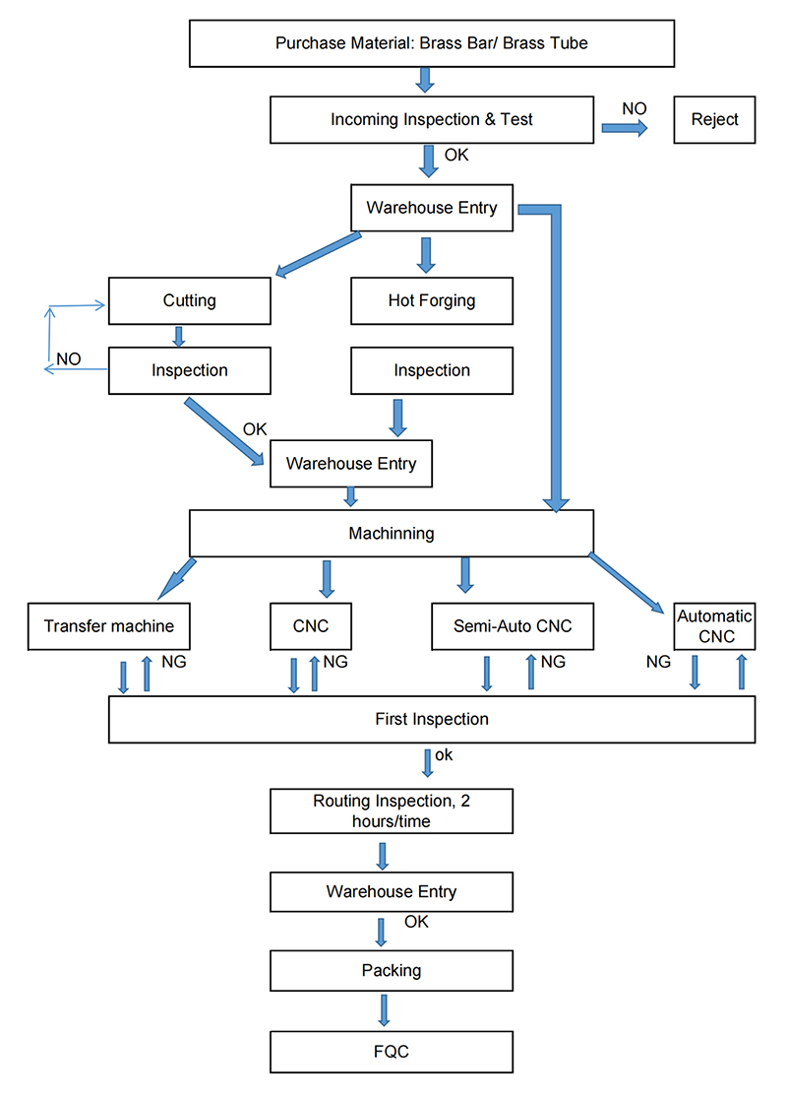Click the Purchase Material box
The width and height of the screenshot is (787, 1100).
(432, 43)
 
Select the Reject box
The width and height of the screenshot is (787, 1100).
(714, 120)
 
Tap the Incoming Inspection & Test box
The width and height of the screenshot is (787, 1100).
(432, 120)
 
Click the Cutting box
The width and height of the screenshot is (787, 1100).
(189, 301)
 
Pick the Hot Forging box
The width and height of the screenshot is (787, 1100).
(432, 301)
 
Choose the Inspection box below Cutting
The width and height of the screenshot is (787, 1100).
(189, 370)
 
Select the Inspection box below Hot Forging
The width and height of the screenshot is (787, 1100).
(432, 370)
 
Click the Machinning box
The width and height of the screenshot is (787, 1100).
(392, 533)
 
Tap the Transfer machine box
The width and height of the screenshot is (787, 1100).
(108, 626)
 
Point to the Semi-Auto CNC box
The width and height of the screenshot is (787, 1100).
(513, 626)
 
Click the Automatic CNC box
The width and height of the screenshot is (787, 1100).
(714, 626)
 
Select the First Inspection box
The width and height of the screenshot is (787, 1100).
(432, 719)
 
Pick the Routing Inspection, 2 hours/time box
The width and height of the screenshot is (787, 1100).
(392, 811)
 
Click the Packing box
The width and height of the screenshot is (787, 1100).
(392, 970)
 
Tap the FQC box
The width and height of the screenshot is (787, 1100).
(392, 1052)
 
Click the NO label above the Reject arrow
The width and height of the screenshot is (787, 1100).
(635, 108)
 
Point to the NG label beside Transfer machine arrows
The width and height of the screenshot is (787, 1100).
(174, 662)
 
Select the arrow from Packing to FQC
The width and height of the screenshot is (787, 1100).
(384, 1010)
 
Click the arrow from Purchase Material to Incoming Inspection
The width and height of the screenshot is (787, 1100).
(425, 80)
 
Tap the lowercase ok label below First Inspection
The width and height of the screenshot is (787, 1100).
(444, 755)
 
